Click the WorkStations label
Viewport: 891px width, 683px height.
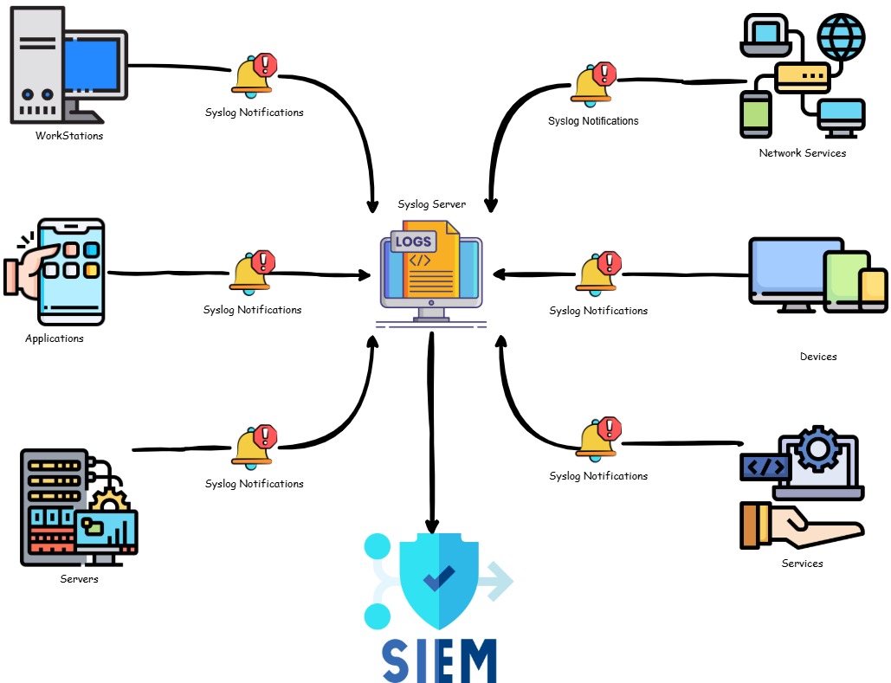point(69,136)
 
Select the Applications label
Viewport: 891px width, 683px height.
point(55,338)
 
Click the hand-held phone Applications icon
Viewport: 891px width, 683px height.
point(65,269)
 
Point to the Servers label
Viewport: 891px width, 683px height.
point(79,578)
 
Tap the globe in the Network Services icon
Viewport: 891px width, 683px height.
point(841,36)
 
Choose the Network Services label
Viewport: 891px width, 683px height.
point(802,153)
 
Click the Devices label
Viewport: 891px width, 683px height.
point(818,357)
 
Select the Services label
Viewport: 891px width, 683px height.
point(802,564)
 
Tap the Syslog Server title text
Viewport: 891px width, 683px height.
point(431,205)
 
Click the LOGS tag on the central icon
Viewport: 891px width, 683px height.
point(413,242)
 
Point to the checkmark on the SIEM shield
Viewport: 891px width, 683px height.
point(439,577)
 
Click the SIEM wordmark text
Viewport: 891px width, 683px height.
point(439,660)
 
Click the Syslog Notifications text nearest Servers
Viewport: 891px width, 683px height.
point(254,484)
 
